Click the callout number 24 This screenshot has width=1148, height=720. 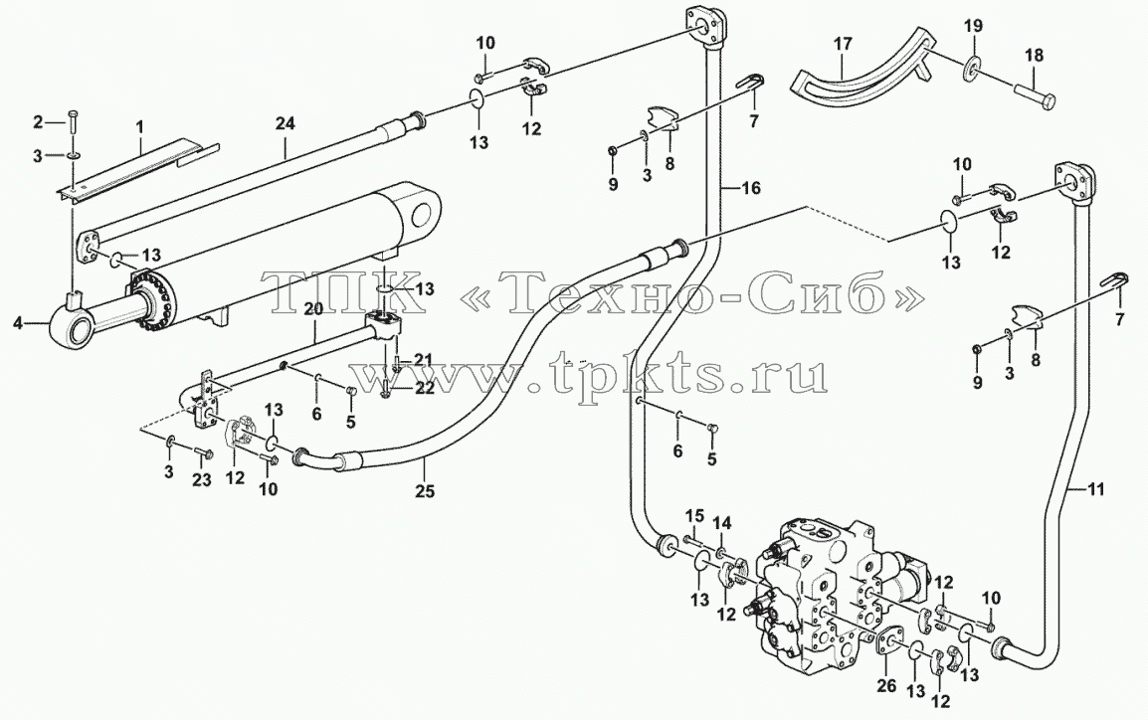tap(285, 123)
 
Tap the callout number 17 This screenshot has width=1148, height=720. tap(842, 44)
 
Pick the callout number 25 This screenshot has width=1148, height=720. tap(425, 491)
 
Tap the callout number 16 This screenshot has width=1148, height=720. tap(750, 188)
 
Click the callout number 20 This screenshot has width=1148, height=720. tap(313, 308)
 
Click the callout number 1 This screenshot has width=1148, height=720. tap(141, 126)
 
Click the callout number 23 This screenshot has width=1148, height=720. tap(201, 480)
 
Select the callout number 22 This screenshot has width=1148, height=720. tap(425, 388)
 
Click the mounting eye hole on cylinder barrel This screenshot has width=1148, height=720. tap(423, 214)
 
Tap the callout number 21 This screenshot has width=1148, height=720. tap(423, 360)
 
